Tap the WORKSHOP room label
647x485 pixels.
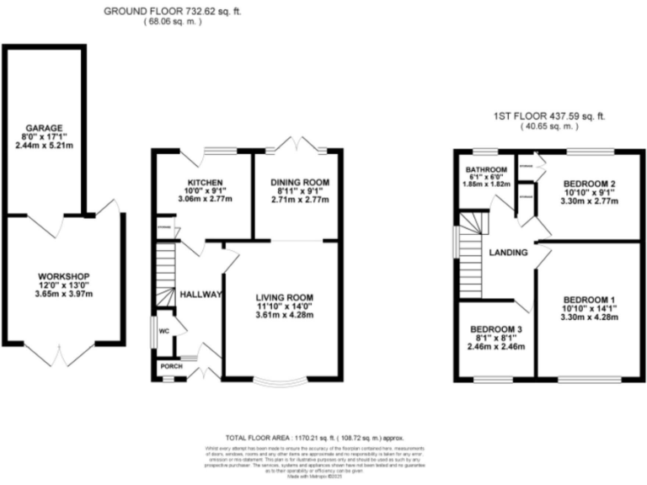tap(63, 276)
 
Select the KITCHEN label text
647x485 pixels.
tap(205, 182)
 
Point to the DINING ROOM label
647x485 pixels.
tap(299, 182)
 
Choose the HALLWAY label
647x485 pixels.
tap(200, 294)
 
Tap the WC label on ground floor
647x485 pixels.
tap(165, 332)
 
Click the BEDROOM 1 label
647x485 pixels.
tap(590, 301)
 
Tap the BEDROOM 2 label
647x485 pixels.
tap(590, 184)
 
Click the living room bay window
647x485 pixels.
tap(283, 383)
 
